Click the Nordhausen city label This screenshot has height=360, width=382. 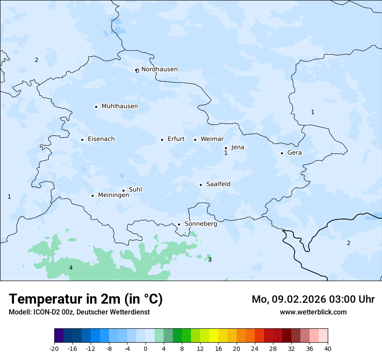(159, 69)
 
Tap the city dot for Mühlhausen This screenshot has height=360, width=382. (96, 107)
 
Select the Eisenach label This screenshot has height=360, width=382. (101, 139)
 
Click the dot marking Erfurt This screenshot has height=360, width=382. (162, 140)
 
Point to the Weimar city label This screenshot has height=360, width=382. (212, 139)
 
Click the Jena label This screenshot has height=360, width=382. (237, 147)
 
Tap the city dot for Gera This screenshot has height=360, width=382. (282, 153)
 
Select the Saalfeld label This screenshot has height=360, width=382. (218, 184)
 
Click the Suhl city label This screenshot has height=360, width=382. (135, 190)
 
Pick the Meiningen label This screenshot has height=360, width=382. (113, 195)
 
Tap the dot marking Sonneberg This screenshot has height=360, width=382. (179, 225)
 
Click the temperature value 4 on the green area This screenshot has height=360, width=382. (71, 268)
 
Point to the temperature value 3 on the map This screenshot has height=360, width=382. (210, 260)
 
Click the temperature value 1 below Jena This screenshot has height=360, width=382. (226, 153)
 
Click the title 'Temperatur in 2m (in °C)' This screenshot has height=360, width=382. (86, 299)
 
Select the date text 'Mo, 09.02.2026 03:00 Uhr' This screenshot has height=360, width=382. (313, 299)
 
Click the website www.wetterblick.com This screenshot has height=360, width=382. (313, 312)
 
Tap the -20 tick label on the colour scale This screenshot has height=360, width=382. (54, 349)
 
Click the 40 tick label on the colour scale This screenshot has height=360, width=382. (328, 349)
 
